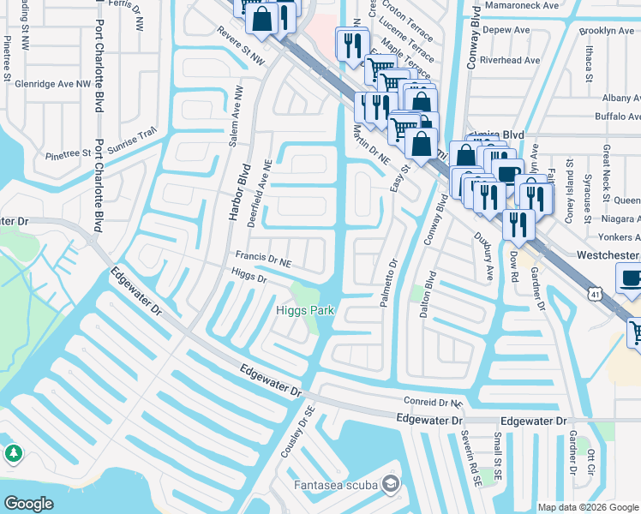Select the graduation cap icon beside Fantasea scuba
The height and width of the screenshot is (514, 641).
click(391, 486)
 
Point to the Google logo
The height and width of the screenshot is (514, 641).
click(28, 503)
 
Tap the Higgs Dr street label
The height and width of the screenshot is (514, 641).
click(249, 276)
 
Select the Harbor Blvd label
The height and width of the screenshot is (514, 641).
click(237, 193)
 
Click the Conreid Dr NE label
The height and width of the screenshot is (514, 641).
click(432, 402)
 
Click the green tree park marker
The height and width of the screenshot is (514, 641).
click(14, 453)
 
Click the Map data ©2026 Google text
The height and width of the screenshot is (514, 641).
click(587, 507)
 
